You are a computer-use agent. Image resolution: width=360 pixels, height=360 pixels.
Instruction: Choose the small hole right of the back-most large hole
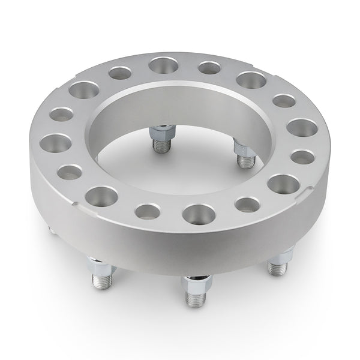pyautogui.click(x=208, y=68)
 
